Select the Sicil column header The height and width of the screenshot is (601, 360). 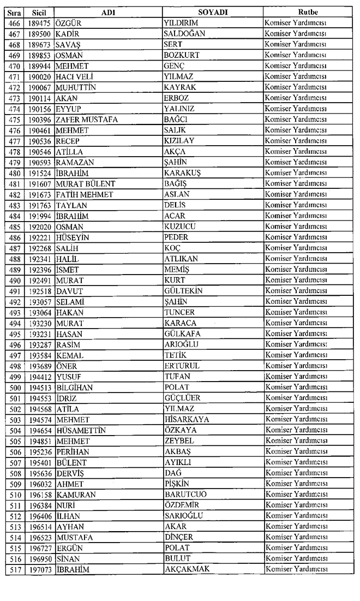39,11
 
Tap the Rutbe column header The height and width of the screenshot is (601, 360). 308,11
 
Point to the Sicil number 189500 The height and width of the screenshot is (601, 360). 39,33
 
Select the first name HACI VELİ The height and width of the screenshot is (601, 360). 73,76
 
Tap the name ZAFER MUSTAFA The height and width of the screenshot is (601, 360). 87,119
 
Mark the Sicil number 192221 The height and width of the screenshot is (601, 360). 39,237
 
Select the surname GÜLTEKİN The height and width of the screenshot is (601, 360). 183,291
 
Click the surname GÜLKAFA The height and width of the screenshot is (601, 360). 183,334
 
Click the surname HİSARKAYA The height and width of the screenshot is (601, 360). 187,419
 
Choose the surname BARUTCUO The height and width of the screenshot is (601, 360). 185,495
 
